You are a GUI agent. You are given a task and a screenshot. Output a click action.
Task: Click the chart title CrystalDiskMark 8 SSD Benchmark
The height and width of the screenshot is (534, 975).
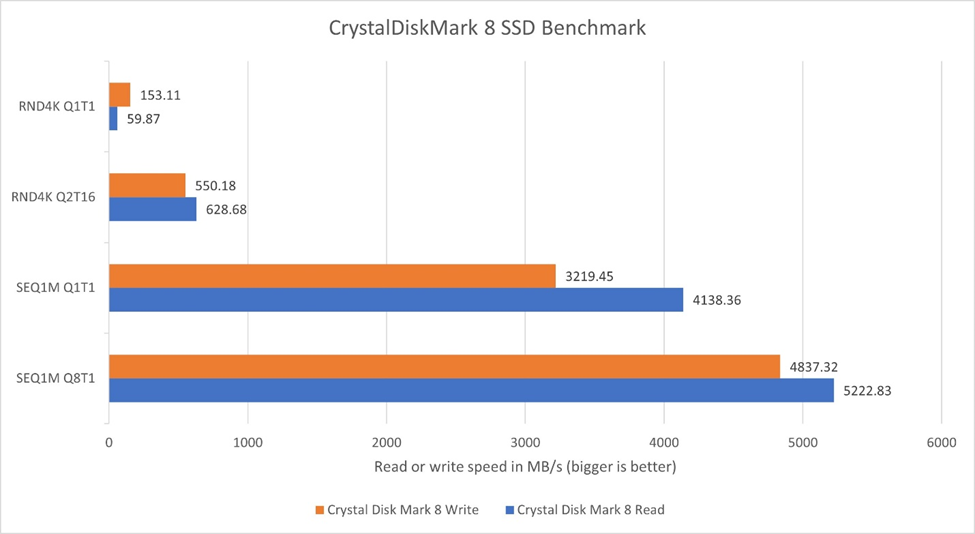[x=487, y=28]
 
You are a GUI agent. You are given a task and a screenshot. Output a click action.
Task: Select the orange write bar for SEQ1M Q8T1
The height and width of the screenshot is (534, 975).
[x=444, y=367]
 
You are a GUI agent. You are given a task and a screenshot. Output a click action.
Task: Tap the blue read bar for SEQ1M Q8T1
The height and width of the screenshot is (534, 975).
[x=470, y=391]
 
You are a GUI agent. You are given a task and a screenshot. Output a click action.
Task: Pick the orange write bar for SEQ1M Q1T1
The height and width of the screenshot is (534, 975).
[x=331, y=276]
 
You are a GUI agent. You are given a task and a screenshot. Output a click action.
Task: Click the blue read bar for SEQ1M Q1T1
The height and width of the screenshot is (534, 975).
[x=395, y=300]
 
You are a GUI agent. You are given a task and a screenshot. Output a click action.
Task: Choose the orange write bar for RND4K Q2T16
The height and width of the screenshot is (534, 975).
[x=146, y=185]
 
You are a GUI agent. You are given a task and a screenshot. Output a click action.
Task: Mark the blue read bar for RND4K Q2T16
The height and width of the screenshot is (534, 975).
[x=152, y=209]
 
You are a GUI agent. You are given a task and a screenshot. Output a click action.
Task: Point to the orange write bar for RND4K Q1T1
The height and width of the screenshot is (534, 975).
[x=119, y=95]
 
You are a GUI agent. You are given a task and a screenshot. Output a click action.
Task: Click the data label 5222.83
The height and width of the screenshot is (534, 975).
[x=866, y=391]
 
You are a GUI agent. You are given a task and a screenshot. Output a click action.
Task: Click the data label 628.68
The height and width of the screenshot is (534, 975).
[x=229, y=209]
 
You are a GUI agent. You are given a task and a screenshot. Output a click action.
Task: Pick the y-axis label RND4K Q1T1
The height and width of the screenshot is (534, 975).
[x=57, y=106]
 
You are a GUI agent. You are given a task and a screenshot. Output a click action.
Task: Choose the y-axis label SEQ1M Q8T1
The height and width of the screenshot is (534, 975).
[x=57, y=378]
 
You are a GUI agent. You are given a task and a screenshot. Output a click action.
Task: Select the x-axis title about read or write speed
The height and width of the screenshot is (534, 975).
[x=524, y=467]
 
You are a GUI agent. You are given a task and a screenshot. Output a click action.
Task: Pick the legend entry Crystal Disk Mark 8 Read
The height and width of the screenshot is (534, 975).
[x=588, y=510]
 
